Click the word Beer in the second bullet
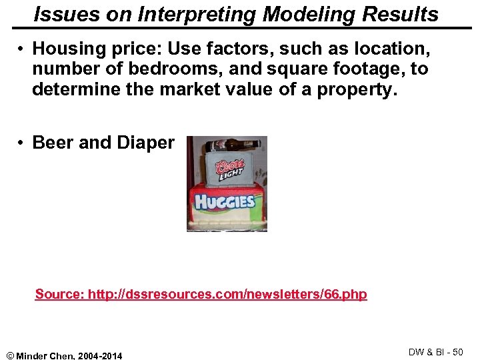point(54,143)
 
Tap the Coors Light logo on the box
point(230,168)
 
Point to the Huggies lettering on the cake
point(225,201)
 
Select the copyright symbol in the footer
point(9,355)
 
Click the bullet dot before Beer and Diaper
point(22,143)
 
